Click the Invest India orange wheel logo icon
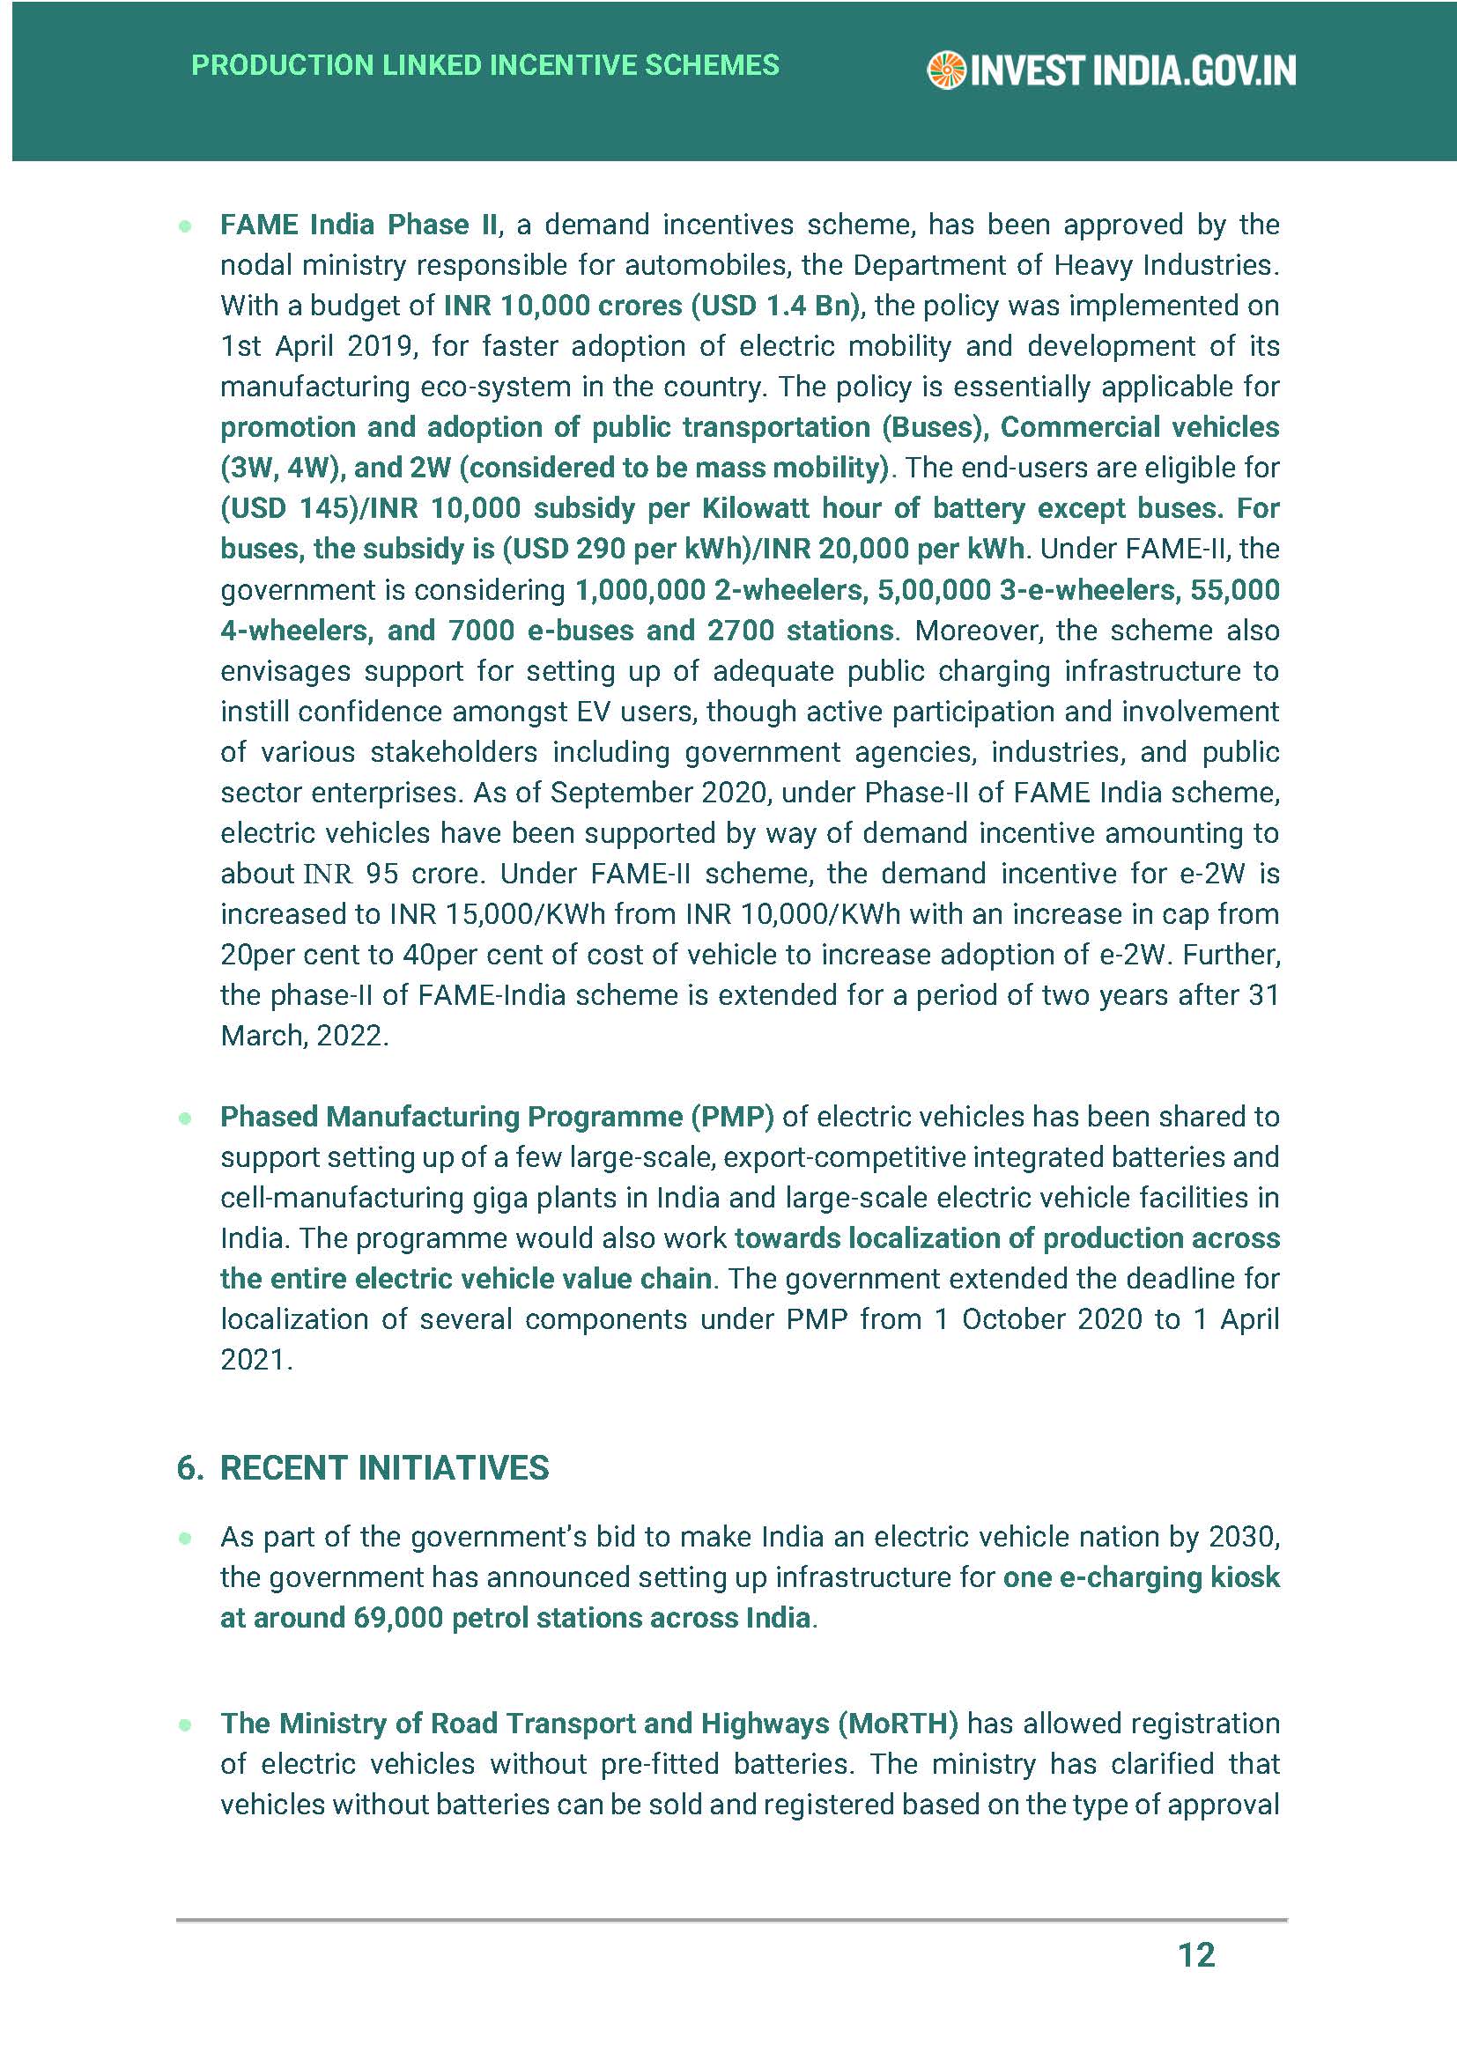coord(945,70)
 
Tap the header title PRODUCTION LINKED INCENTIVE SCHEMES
coord(485,65)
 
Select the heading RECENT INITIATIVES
coord(384,1469)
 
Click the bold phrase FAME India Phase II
coord(359,225)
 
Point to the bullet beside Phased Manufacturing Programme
coord(186,1118)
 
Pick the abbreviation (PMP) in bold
coord(731,1117)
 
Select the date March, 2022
coord(304,1037)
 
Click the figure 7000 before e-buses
coord(482,631)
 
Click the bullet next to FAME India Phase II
coord(186,226)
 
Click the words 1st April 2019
coord(317,346)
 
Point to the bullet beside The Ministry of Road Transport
coord(186,1724)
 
